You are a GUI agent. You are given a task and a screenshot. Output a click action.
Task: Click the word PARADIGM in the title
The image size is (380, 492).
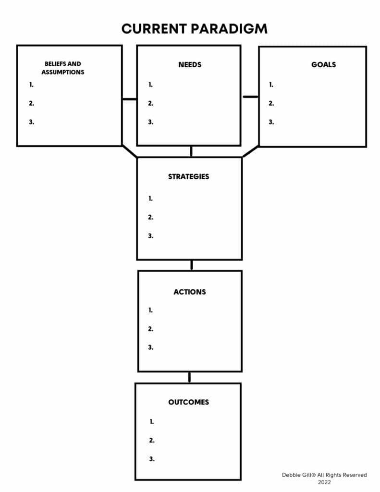[x=229, y=29]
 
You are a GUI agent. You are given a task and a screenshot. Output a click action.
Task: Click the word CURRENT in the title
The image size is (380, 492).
[x=154, y=29]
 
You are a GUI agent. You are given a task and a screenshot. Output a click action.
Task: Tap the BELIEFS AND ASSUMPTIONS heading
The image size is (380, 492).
[x=63, y=68]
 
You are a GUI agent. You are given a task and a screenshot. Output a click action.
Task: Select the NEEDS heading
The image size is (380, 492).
[x=190, y=65]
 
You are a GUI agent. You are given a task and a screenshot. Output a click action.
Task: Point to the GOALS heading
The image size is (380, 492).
[x=323, y=65]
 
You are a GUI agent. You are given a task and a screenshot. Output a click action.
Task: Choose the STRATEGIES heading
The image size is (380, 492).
[x=189, y=177]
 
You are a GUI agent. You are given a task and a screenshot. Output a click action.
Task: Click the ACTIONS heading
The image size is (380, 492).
[x=190, y=292]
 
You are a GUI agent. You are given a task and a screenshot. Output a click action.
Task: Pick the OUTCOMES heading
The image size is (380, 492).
[x=189, y=402]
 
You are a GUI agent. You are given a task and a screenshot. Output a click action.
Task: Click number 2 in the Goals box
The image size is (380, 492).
[x=271, y=103]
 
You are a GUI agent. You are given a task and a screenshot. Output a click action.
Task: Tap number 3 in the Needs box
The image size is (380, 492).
[x=151, y=122]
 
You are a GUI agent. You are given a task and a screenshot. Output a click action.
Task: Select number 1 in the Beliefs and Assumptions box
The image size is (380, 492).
[x=31, y=85]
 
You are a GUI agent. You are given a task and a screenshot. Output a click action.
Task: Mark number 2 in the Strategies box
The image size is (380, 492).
[x=151, y=217]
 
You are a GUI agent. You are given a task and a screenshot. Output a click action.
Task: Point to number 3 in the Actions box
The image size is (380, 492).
[x=151, y=347]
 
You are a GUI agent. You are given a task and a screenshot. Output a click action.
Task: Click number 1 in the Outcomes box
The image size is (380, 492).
[x=152, y=422]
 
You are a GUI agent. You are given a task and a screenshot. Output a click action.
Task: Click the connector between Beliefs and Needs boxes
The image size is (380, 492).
[x=130, y=99]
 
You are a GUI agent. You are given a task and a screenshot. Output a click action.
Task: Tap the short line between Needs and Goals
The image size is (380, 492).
[x=250, y=97]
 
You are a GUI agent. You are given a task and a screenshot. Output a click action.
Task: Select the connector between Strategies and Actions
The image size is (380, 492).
[x=192, y=265]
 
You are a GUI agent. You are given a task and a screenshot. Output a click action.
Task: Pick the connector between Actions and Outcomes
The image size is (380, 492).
[x=189, y=378]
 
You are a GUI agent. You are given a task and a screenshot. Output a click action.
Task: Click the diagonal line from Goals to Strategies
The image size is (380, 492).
[x=250, y=151]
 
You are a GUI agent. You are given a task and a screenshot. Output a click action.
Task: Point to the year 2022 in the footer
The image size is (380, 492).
[x=324, y=482]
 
